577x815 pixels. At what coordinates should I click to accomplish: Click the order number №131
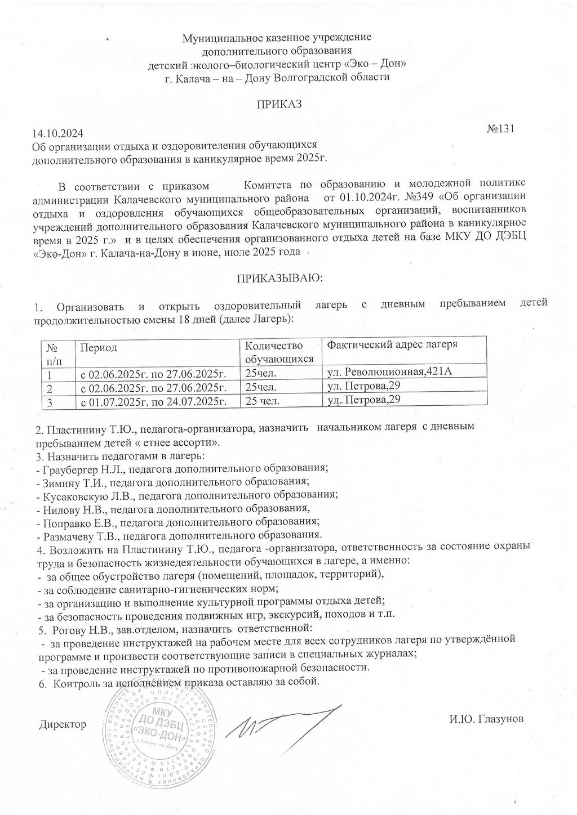(501, 128)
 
